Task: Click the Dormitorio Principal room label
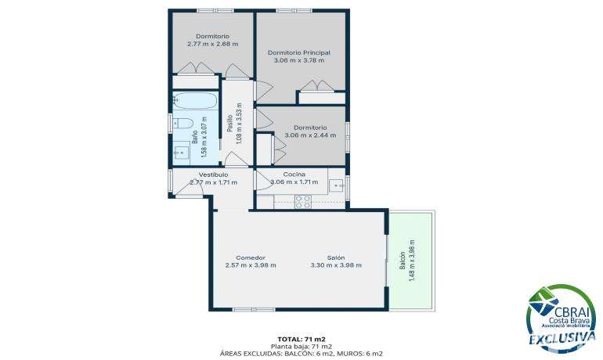tap(299, 52)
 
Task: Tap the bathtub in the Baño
tap(195, 100)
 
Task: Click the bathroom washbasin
tap(181, 153)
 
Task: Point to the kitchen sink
tap(338, 185)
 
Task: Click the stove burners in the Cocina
tap(302, 202)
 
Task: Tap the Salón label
tap(336, 257)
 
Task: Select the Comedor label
tap(251, 257)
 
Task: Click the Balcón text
tap(403, 261)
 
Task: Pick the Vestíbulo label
tap(214, 175)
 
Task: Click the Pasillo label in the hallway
tap(229, 123)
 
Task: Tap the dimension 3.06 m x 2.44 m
tap(310, 135)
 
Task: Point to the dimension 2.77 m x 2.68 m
tap(213, 44)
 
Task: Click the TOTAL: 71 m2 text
tap(301, 339)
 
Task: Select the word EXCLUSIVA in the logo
tap(562, 339)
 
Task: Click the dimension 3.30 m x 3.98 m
tap(336, 265)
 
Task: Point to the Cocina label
tap(294, 175)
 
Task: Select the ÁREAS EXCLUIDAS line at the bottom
tap(301, 354)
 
